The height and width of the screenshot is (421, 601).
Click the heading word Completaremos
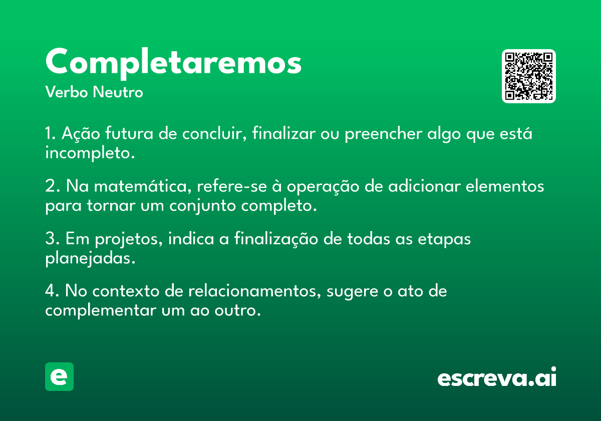pyautogui.click(x=173, y=63)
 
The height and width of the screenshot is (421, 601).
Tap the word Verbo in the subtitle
pyautogui.click(x=67, y=92)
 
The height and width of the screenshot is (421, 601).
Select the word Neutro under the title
pyautogui.click(x=118, y=92)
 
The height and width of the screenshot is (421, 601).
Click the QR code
pyautogui.click(x=528, y=76)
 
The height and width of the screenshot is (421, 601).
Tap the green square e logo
pyautogui.click(x=59, y=376)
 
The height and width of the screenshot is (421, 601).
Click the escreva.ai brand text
pyautogui.click(x=497, y=376)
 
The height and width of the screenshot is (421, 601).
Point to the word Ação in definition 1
pyautogui.click(x=81, y=133)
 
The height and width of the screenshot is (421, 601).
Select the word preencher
pyautogui.click(x=384, y=134)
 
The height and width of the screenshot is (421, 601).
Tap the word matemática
pyautogui.click(x=143, y=186)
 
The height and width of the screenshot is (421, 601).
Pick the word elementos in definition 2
pyautogui.click(x=505, y=186)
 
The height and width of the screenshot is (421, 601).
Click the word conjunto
pyautogui.click(x=202, y=206)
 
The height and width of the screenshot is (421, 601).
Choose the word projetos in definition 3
pyautogui.click(x=129, y=239)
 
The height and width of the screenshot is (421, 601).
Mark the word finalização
pyautogui.click(x=276, y=239)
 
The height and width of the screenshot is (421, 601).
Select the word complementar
pyautogui.click(x=101, y=311)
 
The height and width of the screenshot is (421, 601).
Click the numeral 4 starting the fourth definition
pyautogui.click(x=50, y=291)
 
